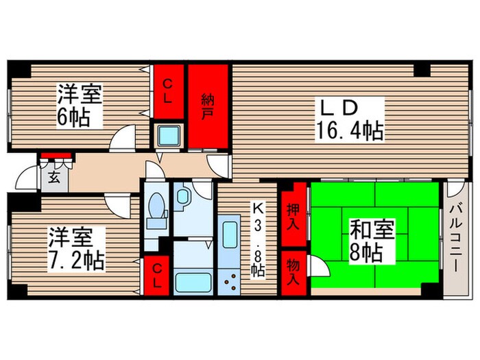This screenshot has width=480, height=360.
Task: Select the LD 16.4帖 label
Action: tap(348, 118)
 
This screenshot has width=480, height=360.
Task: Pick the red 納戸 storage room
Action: tap(208, 106)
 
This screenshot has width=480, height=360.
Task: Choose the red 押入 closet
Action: tap(293, 216)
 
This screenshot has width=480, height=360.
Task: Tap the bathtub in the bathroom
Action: tap(193, 282)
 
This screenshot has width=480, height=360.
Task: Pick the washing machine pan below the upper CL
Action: tap(168, 135)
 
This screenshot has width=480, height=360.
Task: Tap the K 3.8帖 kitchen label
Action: tap(259, 237)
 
